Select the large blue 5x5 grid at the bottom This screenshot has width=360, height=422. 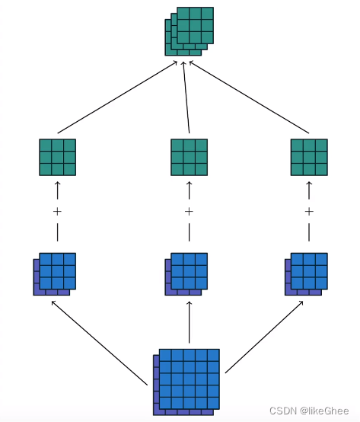coord(187,380)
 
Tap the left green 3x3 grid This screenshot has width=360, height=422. coord(57,157)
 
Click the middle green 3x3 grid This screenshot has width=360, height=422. coord(189,157)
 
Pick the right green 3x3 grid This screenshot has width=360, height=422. coord(309,157)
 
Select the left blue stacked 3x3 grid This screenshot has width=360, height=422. coord(56,273)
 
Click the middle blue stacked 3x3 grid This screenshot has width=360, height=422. coord(187,273)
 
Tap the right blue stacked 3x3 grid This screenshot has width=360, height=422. coord(307,273)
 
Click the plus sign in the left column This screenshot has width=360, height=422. coord(57,211)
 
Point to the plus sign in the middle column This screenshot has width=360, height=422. coord(189,211)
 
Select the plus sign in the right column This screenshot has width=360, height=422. coord(309,211)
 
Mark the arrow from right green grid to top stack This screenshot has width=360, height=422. coord(249,98)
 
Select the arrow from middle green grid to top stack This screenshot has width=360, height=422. coord(186,98)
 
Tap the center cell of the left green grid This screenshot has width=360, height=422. coord(57,157)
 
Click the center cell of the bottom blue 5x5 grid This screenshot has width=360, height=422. coord(189,379)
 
